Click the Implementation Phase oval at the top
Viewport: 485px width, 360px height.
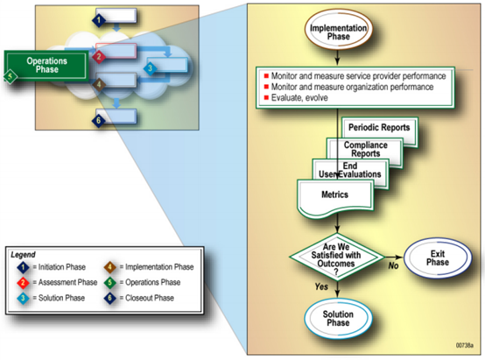tap(339, 30)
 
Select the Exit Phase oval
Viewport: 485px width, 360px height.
tap(438, 258)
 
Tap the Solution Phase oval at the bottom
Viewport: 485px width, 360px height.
tap(338, 319)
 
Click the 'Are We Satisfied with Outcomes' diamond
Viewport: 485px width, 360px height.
tap(337, 257)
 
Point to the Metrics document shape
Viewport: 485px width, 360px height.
tap(335, 198)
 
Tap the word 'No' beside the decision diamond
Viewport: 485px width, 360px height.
tap(393, 266)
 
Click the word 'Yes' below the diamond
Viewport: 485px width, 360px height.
tap(321, 286)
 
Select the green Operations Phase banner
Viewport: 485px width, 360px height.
tap(46, 66)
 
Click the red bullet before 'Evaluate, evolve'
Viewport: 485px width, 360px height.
tap(266, 98)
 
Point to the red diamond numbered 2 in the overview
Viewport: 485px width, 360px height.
tap(99, 57)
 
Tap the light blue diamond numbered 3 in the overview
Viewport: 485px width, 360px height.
tap(151, 68)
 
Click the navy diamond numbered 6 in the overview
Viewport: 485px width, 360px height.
tap(99, 120)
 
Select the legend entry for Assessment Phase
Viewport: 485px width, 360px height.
tap(57, 282)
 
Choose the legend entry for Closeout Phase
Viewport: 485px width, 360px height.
tap(139, 298)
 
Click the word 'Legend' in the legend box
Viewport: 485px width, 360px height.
tap(23, 255)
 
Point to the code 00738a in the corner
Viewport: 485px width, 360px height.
tap(464, 345)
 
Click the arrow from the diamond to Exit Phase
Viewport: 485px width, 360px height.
tap(394, 257)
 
